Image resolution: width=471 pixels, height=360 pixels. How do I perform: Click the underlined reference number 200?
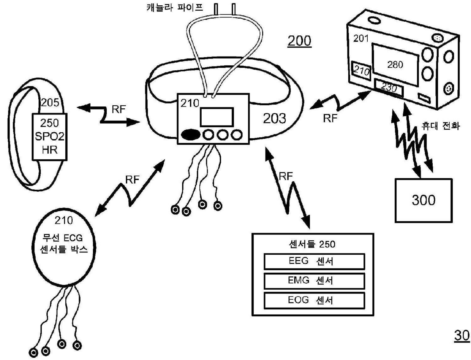(299, 41)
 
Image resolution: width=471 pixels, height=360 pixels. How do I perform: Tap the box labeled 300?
(424, 200)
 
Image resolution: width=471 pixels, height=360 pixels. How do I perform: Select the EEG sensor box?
(314, 261)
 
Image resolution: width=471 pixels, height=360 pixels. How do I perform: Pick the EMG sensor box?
(314, 281)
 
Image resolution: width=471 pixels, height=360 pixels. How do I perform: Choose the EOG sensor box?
(314, 300)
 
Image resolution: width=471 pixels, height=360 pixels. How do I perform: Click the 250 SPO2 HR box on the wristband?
(49, 137)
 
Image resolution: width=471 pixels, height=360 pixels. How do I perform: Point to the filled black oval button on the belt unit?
(191, 135)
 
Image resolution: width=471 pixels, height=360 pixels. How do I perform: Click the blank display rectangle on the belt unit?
(217, 117)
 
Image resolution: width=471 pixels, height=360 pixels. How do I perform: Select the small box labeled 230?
(389, 88)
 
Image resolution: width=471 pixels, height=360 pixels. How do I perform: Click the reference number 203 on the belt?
(275, 118)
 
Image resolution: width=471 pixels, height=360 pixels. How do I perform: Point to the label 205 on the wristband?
(50, 102)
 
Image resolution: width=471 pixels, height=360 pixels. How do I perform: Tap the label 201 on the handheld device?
(361, 38)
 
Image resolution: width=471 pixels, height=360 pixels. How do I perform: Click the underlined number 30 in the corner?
(462, 335)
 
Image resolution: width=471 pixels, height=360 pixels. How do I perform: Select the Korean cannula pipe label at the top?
(175, 8)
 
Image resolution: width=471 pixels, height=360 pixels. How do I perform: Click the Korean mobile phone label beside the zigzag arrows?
(440, 125)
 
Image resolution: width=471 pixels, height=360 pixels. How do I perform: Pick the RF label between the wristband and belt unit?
(119, 109)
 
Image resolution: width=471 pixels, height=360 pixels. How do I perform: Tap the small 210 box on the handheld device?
(361, 70)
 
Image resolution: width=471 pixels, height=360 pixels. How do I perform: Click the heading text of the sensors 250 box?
(312, 244)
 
